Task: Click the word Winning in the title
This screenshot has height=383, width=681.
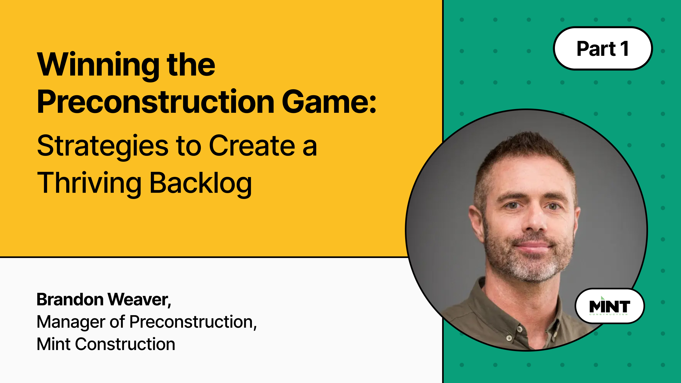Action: [98, 66]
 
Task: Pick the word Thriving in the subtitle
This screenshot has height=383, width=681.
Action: [89, 184]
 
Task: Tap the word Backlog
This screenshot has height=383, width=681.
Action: [201, 184]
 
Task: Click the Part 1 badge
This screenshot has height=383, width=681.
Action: [603, 48]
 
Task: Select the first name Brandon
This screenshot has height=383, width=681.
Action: [70, 300]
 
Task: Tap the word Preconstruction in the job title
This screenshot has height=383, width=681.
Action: [191, 322]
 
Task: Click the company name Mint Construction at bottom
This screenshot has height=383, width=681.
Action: [106, 344]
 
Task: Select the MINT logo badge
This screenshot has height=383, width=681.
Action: [609, 306]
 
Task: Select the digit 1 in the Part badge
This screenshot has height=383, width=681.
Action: [624, 49]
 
